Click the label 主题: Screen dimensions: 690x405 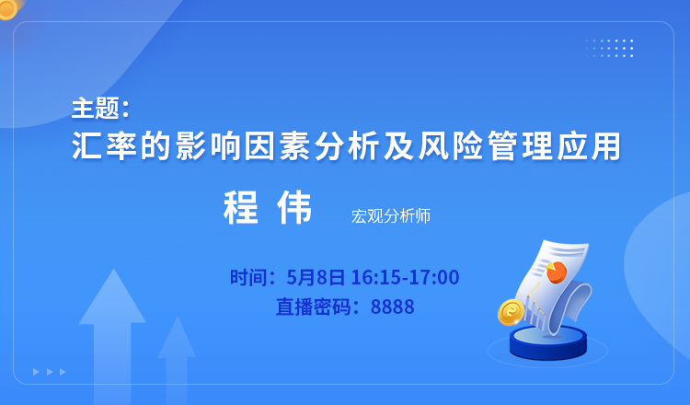point(101,109)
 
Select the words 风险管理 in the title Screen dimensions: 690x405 point(469,145)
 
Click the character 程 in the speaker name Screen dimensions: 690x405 point(240,207)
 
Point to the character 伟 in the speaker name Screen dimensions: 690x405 point(294,207)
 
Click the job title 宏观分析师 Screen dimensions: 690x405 point(391,216)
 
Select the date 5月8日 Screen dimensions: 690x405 point(316,277)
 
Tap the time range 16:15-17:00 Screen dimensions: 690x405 point(406,277)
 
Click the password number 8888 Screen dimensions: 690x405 point(393,307)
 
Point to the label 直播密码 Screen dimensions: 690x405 point(314,307)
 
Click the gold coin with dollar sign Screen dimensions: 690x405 point(511,313)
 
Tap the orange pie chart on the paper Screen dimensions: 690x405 point(557,272)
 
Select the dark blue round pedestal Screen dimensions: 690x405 point(548,342)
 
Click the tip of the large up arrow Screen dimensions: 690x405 point(113,270)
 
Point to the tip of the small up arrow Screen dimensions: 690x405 point(177,317)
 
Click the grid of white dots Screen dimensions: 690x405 point(610,48)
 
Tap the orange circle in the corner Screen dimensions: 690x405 point(6,8)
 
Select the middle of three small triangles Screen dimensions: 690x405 point(50,372)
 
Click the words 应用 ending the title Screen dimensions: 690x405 point(589,145)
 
